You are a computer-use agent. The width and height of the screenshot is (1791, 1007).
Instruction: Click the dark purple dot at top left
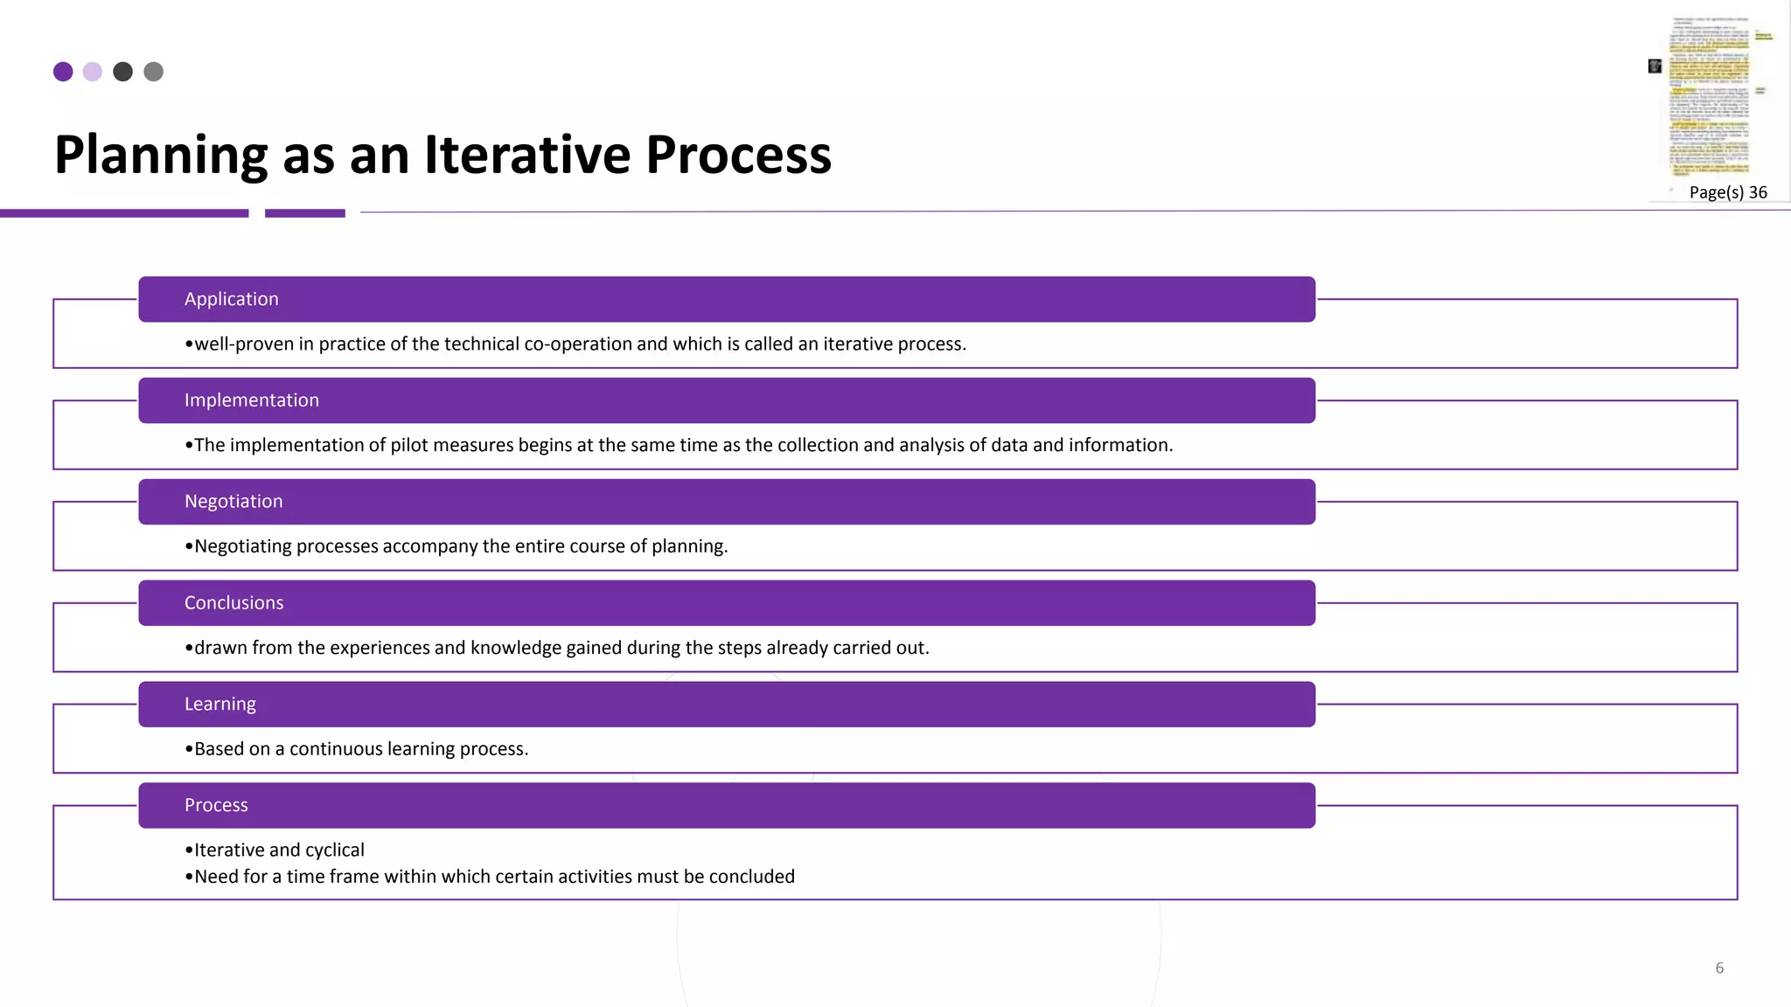[x=63, y=72]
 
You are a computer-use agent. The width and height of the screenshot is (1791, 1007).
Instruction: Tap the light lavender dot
[x=93, y=72]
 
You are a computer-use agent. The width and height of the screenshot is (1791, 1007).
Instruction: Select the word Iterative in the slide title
[x=527, y=155]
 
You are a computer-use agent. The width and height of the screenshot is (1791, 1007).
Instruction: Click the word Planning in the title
[x=161, y=155]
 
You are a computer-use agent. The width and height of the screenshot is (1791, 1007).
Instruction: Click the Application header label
[x=231, y=299]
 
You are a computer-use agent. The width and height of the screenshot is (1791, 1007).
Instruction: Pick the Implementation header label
[x=251, y=400]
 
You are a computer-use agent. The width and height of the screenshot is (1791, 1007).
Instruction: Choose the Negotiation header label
[x=233, y=502]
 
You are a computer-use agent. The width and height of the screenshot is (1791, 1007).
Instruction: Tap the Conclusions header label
[x=233, y=603]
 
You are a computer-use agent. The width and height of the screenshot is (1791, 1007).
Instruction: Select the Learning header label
[x=220, y=705]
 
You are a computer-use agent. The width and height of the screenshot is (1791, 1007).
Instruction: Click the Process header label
[x=216, y=805]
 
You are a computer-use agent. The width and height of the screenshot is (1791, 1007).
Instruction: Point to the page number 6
[x=1719, y=968]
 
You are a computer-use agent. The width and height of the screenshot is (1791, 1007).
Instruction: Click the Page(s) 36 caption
[x=1727, y=192]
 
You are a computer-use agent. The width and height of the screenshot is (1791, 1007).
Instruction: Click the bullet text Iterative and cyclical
[x=278, y=850]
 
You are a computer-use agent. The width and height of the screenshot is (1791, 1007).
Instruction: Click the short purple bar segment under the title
[x=304, y=213]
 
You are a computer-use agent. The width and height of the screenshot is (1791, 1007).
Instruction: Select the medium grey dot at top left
[x=153, y=72]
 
